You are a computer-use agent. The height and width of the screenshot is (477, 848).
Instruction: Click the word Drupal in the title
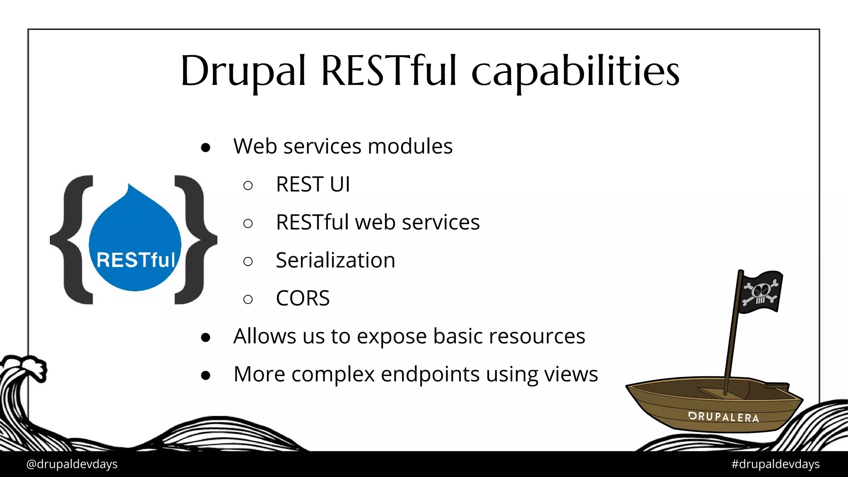pos(243,71)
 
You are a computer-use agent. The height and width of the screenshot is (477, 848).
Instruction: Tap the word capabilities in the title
pos(575,71)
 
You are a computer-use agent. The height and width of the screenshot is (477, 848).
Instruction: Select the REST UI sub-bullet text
pos(313,184)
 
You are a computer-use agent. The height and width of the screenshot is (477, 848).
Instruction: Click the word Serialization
pos(335,260)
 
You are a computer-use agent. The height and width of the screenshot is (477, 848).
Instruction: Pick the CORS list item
pos(303,298)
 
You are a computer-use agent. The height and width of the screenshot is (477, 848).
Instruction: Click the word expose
pos(391,336)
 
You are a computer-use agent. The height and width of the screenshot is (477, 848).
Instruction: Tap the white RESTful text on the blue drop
pos(136,260)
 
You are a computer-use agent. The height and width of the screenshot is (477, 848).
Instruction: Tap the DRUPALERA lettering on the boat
pos(723,417)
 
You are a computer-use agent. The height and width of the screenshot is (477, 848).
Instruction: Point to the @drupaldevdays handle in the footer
pos(72,464)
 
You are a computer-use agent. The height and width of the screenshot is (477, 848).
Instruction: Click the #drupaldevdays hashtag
pos(775,464)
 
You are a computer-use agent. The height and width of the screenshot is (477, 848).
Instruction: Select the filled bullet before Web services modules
pos(206,147)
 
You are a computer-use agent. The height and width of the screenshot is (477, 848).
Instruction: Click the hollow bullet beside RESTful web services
pos(248,224)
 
